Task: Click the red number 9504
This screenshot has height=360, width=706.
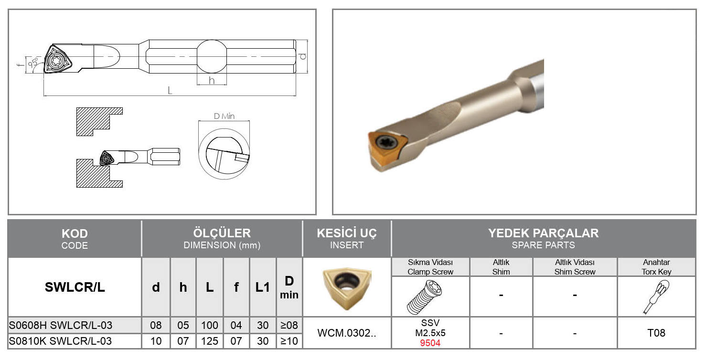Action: (430, 343)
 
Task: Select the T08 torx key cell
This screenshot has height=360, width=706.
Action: (656, 333)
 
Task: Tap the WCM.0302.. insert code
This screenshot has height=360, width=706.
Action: (347, 333)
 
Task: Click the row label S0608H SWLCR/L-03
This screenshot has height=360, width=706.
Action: (61, 325)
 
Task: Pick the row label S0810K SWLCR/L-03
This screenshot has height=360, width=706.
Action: (60, 341)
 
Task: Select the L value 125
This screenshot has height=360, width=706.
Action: (210, 341)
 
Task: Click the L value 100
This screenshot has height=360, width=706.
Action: (210, 325)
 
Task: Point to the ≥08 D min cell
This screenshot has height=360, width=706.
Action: (289, 325)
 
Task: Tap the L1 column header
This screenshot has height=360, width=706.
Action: (263, 287)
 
